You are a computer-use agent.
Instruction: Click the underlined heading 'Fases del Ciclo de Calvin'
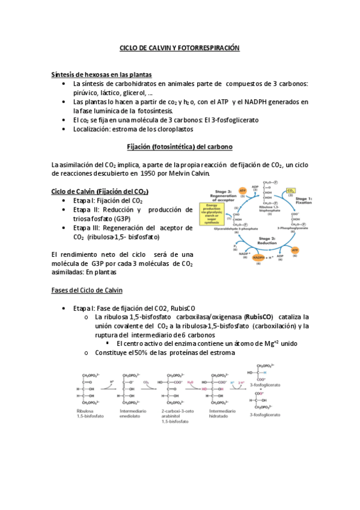point(87,290)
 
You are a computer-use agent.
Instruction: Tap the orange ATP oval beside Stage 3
point(243,191)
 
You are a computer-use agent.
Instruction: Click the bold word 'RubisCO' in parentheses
point(259,316)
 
